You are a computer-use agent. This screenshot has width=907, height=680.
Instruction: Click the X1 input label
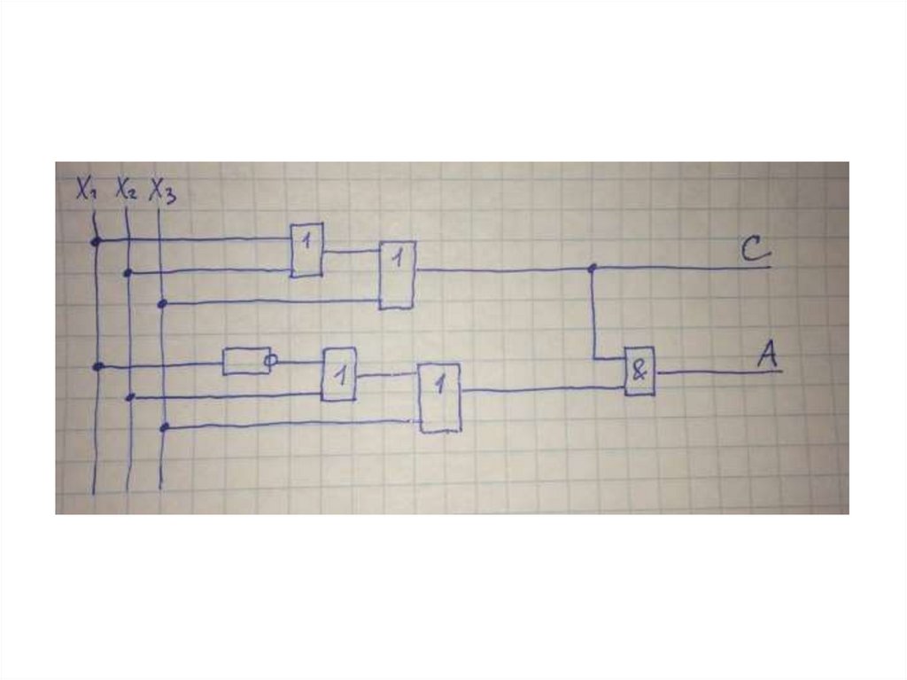point(86,189)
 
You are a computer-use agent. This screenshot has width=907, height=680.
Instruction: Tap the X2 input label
point(125,191)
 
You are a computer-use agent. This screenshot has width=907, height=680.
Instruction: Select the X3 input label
point(163,191)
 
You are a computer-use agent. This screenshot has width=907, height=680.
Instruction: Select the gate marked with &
point(640,371)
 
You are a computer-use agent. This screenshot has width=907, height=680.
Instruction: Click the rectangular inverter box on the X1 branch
point(245,361)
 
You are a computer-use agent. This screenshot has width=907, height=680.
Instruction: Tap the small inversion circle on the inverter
point(272,361)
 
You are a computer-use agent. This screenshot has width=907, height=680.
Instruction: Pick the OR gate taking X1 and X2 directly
point(307,249)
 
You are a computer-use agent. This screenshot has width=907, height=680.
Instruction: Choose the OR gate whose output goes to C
point(397,275)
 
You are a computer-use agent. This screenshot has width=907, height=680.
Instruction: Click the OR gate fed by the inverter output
point(339,374)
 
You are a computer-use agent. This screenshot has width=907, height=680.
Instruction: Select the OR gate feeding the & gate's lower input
point(439,397)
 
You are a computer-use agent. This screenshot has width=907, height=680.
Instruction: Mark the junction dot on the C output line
point(592,267)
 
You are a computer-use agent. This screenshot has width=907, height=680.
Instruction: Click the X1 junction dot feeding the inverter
point(97,365)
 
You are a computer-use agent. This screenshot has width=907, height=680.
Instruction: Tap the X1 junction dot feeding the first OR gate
point(95,240)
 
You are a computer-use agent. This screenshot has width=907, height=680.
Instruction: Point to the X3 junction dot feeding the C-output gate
point(161,304)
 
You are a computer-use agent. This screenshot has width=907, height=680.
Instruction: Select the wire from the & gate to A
point(717,372)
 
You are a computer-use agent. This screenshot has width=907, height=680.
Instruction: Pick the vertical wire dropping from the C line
point(593,315)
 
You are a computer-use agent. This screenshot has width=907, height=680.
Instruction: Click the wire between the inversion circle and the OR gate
point(299,362)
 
